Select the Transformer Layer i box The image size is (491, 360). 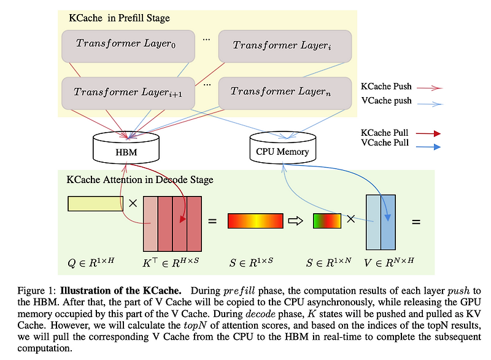pos(284,45)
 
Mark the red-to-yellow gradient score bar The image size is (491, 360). pos(255,220)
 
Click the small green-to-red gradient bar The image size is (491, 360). pos(327,220)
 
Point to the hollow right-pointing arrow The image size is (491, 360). pos(297,220)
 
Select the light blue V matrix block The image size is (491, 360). pos(380,221)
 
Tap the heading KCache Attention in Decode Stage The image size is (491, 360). pos(139,180)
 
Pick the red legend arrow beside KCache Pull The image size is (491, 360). pos(427,133)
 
